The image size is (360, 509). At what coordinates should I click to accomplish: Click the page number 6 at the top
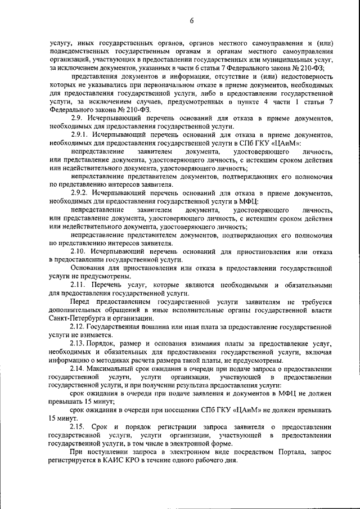point(192,21)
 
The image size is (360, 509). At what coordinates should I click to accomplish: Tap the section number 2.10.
point(79,251)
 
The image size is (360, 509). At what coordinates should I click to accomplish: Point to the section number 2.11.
point(79,286)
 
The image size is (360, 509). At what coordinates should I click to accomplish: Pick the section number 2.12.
point(79,326)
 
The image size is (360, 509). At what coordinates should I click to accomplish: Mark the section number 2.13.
point(79,344)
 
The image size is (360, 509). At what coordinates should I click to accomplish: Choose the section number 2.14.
point(79,368)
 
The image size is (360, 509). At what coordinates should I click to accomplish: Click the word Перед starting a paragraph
point(80,302)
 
